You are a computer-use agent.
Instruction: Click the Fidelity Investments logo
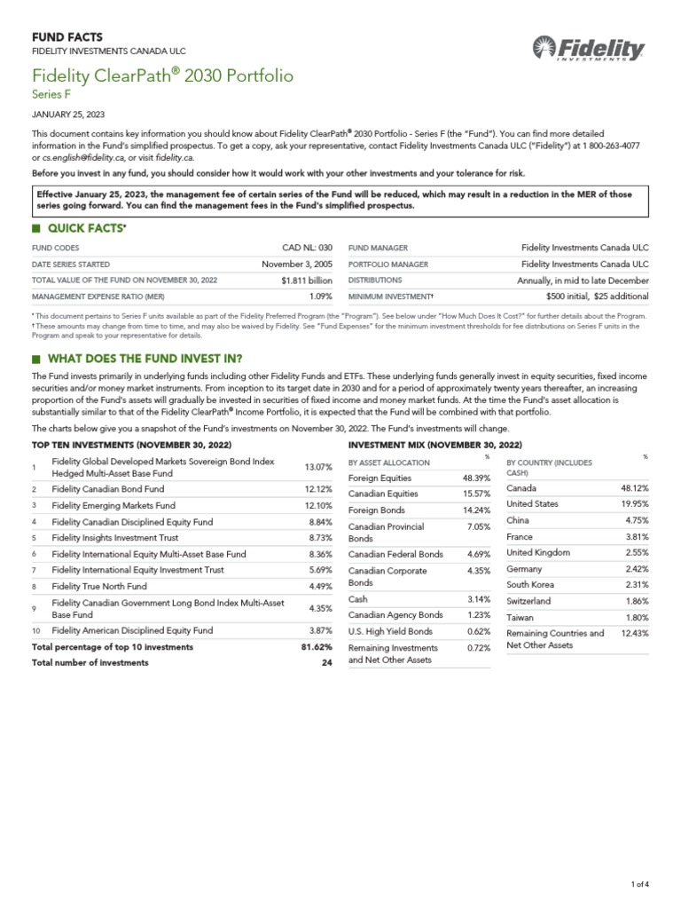coord(589,49)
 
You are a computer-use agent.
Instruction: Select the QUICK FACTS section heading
coord(85,228)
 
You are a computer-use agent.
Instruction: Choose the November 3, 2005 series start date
coord(296,264)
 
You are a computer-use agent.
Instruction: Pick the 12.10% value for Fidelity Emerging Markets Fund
coord(317,505)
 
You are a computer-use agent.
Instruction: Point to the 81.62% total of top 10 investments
coord(317,647)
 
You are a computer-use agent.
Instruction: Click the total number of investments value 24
coord(326,662)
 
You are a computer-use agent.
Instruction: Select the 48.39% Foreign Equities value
coord(476,478)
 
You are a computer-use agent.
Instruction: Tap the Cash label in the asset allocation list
coord(359,599)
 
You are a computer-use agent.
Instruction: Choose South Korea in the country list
coord(530,584)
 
